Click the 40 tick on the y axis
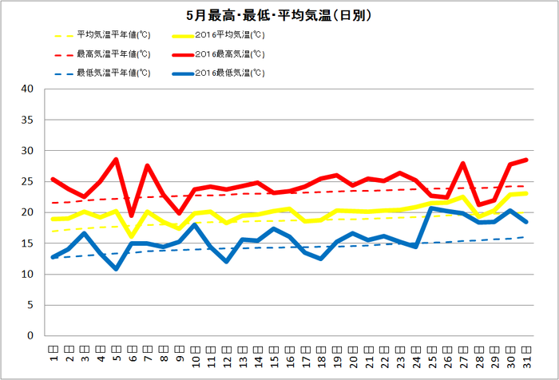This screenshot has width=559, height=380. click(x=27, y=89)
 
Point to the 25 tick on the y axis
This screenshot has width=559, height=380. click(x=27, y=182)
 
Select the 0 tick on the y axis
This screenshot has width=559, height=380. click(x=30, y=336)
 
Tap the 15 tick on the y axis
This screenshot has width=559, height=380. click(x=27, y=243)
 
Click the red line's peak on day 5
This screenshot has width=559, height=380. click(x=116, y=160)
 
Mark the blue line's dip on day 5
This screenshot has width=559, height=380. click(x=116, y=269)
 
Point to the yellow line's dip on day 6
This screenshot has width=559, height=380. click(x=132, y=236)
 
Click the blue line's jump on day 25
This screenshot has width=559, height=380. click(x=431, y=208)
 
